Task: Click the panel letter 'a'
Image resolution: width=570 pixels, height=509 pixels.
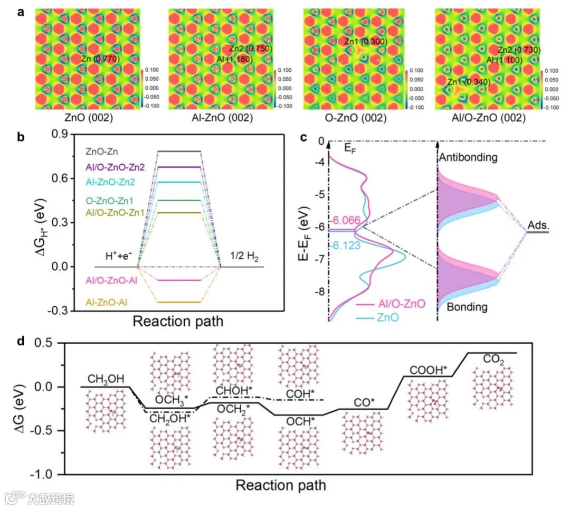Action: pos(21,12)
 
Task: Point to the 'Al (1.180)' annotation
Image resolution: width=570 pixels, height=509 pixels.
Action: pos(234,59)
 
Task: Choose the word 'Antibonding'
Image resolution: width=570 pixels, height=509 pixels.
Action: pos(468,157)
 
